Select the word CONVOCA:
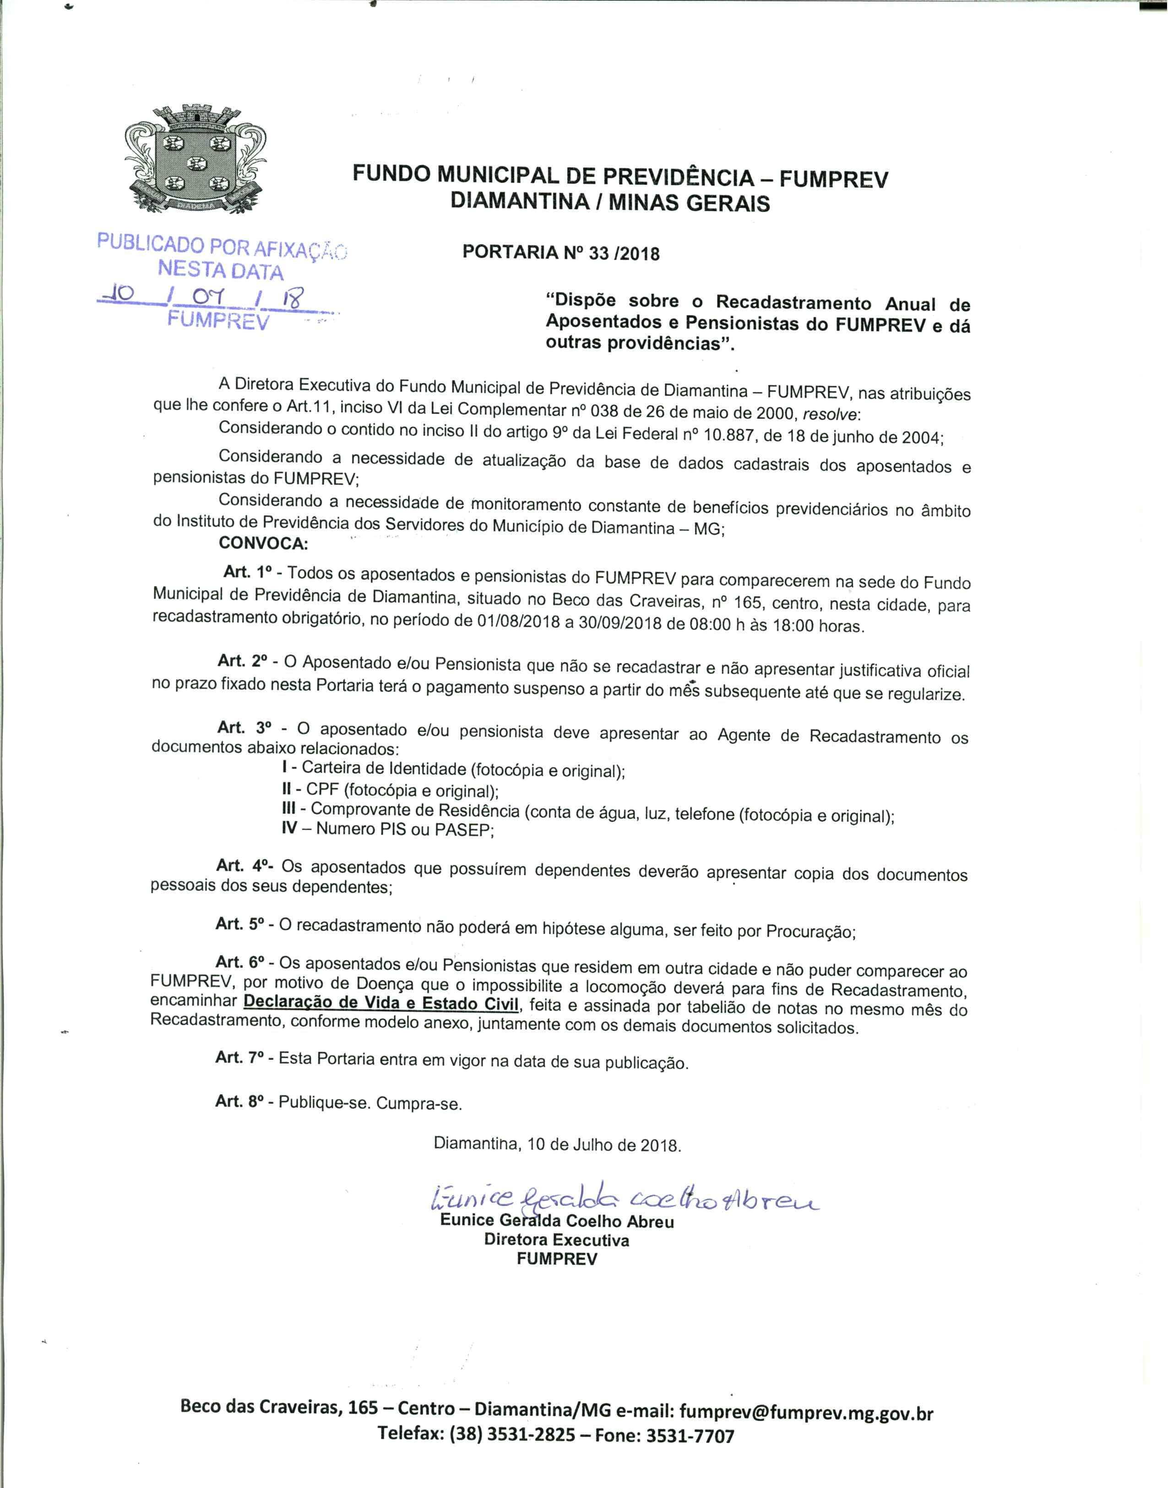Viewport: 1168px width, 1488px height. [x=263, y=543]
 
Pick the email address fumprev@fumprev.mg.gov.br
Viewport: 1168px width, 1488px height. [x=806, y=1413]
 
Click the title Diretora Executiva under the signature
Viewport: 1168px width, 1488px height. [x=557, y=1240]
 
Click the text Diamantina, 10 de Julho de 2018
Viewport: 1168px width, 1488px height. [x=557, y=1145]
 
